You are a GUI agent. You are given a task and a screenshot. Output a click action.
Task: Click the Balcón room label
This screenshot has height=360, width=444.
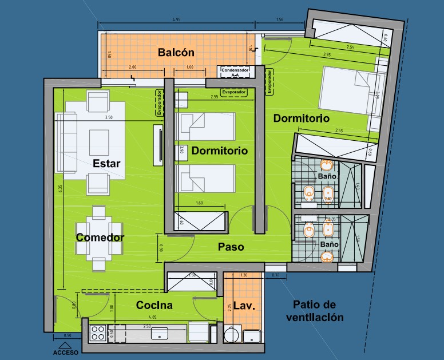[177, 52]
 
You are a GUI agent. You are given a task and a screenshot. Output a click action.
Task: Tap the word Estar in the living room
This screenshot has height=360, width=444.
[106, 164]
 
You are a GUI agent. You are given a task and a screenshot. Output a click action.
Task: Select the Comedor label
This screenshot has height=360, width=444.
[100, 238]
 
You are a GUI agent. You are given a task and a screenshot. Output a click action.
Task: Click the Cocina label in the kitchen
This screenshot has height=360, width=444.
[154, 306]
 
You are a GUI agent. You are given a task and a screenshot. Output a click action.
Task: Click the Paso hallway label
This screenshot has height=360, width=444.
[231, 247]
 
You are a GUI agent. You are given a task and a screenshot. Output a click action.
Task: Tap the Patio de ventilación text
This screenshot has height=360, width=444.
[318, 311]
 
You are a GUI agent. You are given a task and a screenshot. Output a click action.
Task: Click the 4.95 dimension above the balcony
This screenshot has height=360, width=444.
[176, 19]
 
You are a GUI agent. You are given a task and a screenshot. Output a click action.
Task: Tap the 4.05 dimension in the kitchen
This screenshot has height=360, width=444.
[152, 317]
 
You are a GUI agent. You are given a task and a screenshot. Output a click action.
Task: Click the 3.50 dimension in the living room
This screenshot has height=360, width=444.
[108, 118]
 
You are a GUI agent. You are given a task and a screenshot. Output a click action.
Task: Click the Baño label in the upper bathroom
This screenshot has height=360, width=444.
[327, 177]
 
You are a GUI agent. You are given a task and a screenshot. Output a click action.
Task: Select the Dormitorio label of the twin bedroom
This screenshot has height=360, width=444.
[219, 151]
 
